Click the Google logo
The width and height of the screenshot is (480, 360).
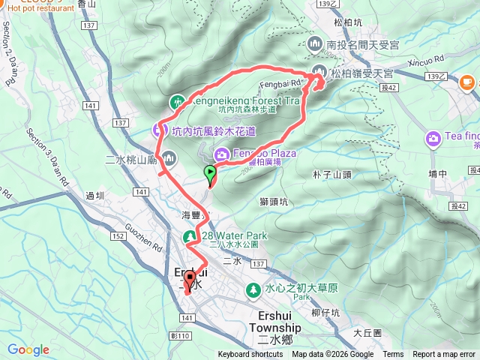pos(28,350)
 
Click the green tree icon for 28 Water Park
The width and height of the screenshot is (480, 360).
pos(191,237)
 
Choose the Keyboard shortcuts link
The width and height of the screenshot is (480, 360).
pos(250,355)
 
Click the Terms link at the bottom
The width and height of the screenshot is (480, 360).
pos(393,355)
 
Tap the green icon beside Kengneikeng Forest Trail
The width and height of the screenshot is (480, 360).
pos(177,100)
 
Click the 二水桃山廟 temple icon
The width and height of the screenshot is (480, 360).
pos(169,157)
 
